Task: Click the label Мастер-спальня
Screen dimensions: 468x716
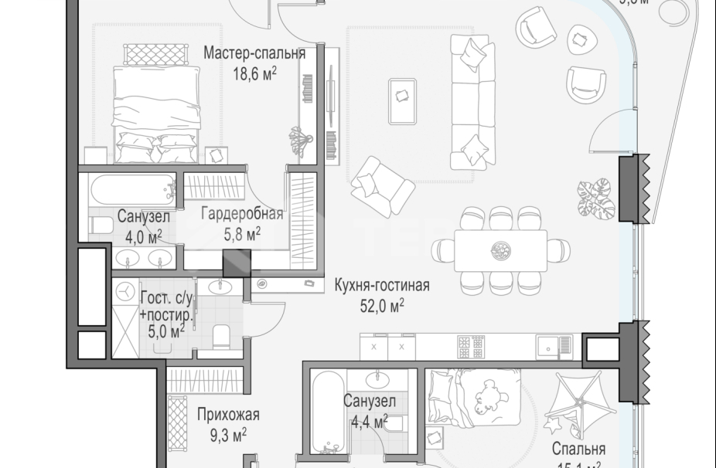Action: tap(254, 54)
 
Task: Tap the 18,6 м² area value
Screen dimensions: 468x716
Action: tap(254, 74)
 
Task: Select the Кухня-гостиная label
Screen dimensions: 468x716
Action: tap(382, 287)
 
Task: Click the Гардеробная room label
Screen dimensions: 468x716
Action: tap(241, 214)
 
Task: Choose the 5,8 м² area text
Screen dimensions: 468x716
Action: tap(241, 234)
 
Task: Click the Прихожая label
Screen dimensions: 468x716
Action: tap(228, 415)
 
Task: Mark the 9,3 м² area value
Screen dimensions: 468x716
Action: tap(228, 435)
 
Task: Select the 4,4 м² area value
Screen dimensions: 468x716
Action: tap(369, 422)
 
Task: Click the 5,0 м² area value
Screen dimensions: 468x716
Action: tap(165, 332)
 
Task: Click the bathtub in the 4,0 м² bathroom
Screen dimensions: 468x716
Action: tap(132, 188)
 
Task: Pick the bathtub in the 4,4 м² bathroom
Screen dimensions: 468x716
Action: tap(329, 411)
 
